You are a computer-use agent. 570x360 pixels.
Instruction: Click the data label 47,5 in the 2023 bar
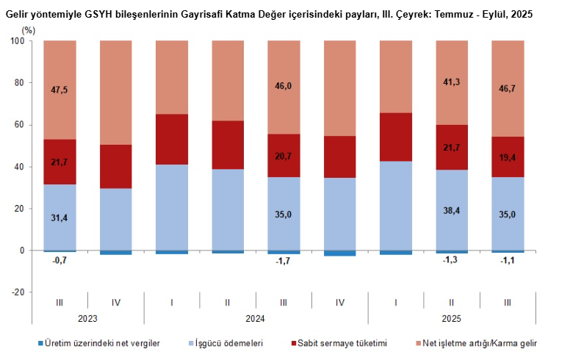pyautogui.click(x=59, y=90)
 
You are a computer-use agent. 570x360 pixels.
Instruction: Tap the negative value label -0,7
pyautogui.click(x=59, y=260)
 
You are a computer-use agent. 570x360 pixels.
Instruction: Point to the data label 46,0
pyautogui.click(x=284, y=86)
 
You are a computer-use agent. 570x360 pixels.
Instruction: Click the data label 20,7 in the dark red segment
pyautogui.click(x=284, y=156)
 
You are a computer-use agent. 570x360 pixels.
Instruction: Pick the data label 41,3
pyautogui.click(x=451, y=82)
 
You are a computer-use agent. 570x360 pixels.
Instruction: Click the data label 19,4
pyautogui.click(x=508, y=157)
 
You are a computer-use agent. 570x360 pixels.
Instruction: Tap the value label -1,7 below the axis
pyautogui.click(x=284, y=260)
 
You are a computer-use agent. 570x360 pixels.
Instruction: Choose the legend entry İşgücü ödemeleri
pyautogui.click(x=228, y=343)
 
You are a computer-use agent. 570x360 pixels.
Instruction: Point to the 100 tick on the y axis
pyautogui.click(x=18, y=41)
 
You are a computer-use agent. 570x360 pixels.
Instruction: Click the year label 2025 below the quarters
pyautogui.click(x=452, y=319)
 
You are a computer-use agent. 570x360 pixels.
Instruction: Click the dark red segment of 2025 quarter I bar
pyautogui.click(x=396, y=137)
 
